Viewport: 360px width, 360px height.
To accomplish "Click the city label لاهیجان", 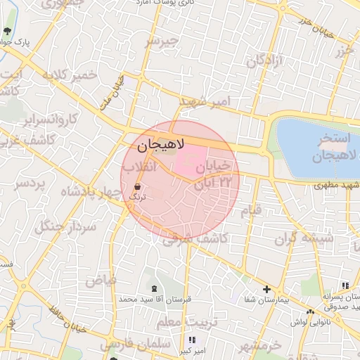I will click(160, 146).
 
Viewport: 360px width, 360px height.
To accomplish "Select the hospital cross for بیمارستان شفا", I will click(266, 289).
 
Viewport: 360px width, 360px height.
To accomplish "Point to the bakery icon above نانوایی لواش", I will click(310, 311).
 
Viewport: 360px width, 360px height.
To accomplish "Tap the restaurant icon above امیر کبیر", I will click(192, 340).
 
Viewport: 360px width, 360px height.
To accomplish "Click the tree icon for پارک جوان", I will click(8, 31).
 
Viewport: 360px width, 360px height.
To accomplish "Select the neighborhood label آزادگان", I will click(264, 61).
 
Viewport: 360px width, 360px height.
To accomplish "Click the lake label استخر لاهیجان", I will click(320, 146).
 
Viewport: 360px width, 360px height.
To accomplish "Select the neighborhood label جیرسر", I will click(164, 42).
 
